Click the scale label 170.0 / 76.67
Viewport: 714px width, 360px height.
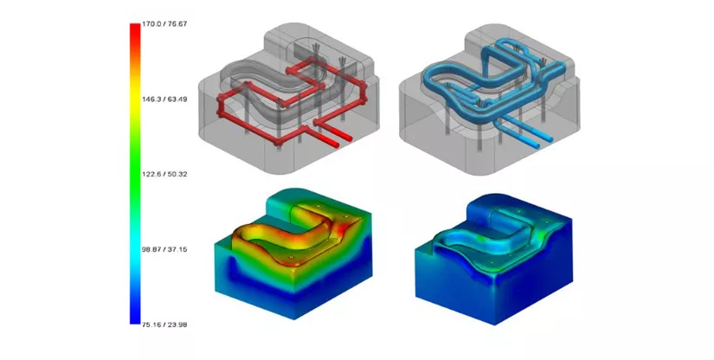[164, 24]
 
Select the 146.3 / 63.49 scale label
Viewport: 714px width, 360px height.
[164, 100]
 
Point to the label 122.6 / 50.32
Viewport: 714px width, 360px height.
[164, 174]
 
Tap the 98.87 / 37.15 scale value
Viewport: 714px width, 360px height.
[164, 249]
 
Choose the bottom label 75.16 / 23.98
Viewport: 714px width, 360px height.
[164, 325]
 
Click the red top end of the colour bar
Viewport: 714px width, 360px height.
[135, 27]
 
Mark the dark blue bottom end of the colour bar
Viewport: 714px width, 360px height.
[135, 320]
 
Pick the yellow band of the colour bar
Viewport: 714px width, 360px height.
[135, 100]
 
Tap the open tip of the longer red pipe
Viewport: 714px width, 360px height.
[337, 145]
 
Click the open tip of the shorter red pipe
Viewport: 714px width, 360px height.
[350, 138]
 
